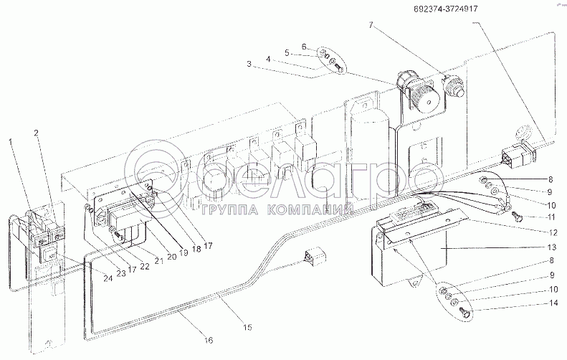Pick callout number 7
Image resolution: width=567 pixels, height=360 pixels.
(x=371, y=25)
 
